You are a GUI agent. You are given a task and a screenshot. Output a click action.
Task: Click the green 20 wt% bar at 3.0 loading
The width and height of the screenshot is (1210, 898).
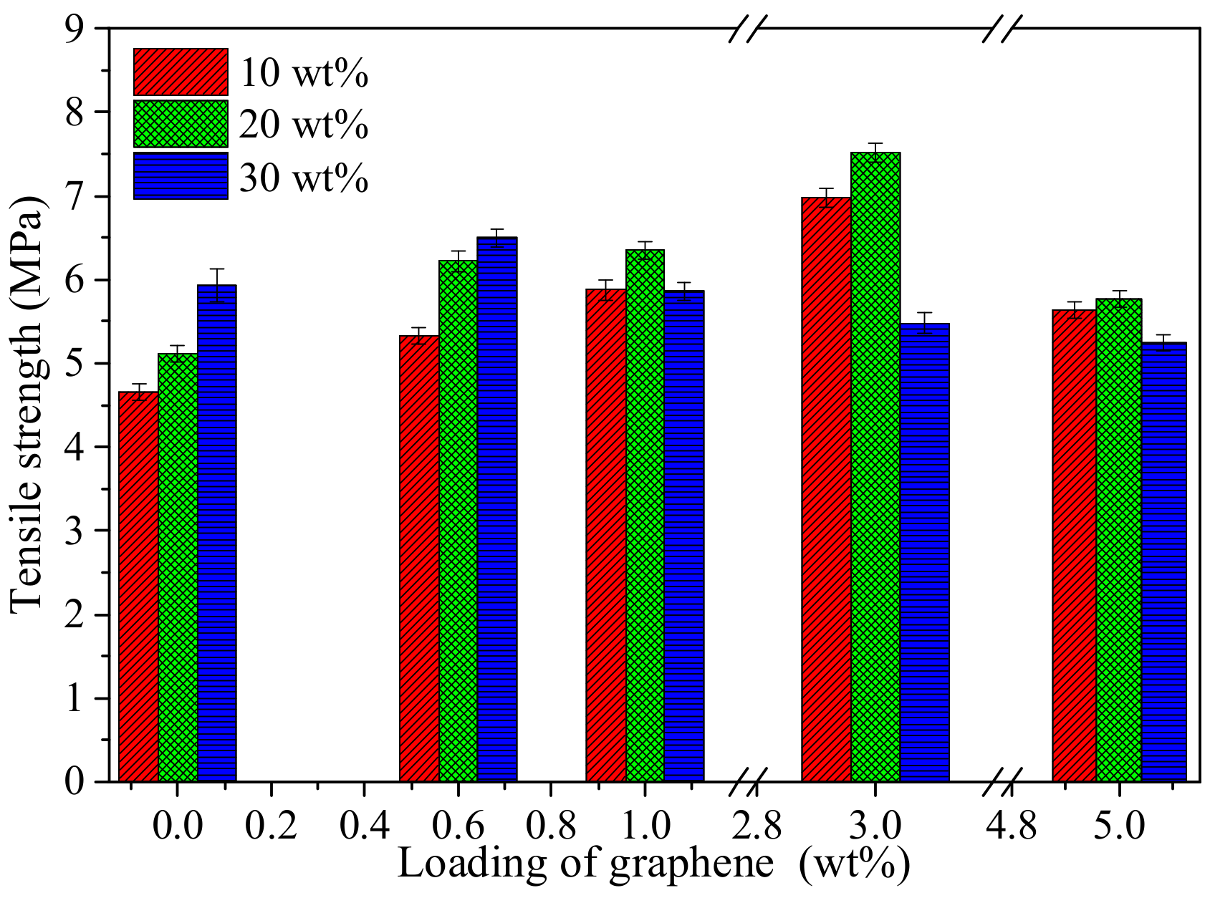point(875,465)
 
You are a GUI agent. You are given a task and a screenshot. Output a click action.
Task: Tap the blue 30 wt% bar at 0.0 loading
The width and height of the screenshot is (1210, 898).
point(216,534)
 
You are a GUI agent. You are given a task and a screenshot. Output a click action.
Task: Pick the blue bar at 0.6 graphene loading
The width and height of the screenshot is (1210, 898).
point(496,508)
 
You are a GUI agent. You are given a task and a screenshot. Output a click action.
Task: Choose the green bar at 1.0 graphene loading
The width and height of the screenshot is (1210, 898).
point(645,516)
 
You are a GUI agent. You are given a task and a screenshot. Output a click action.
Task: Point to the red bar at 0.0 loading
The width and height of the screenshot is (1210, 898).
point(138,587)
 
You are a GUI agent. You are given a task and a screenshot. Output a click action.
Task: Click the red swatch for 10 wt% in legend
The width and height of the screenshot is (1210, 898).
point(181,72)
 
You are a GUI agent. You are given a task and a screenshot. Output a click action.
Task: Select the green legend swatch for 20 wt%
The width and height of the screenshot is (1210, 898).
point(181,124)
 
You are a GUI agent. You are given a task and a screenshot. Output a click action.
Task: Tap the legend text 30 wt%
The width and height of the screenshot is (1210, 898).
point(304,178)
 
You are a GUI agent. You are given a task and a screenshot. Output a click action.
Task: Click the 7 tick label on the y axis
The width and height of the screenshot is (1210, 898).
point(77,196)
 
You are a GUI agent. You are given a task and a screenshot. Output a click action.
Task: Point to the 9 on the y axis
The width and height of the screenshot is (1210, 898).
point(77,29)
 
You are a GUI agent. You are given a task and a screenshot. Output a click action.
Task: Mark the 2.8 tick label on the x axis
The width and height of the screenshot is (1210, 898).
point(757,827)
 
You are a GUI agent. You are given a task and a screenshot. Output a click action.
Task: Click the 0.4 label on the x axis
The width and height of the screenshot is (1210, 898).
point(364,827)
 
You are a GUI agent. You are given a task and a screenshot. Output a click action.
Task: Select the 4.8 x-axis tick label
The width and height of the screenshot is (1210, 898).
point(1011,827)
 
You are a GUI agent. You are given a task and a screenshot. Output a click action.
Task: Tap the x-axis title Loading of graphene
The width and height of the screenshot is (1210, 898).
point(586,864)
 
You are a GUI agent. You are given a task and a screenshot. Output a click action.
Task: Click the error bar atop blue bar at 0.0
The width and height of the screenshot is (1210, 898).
point(217,285)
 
